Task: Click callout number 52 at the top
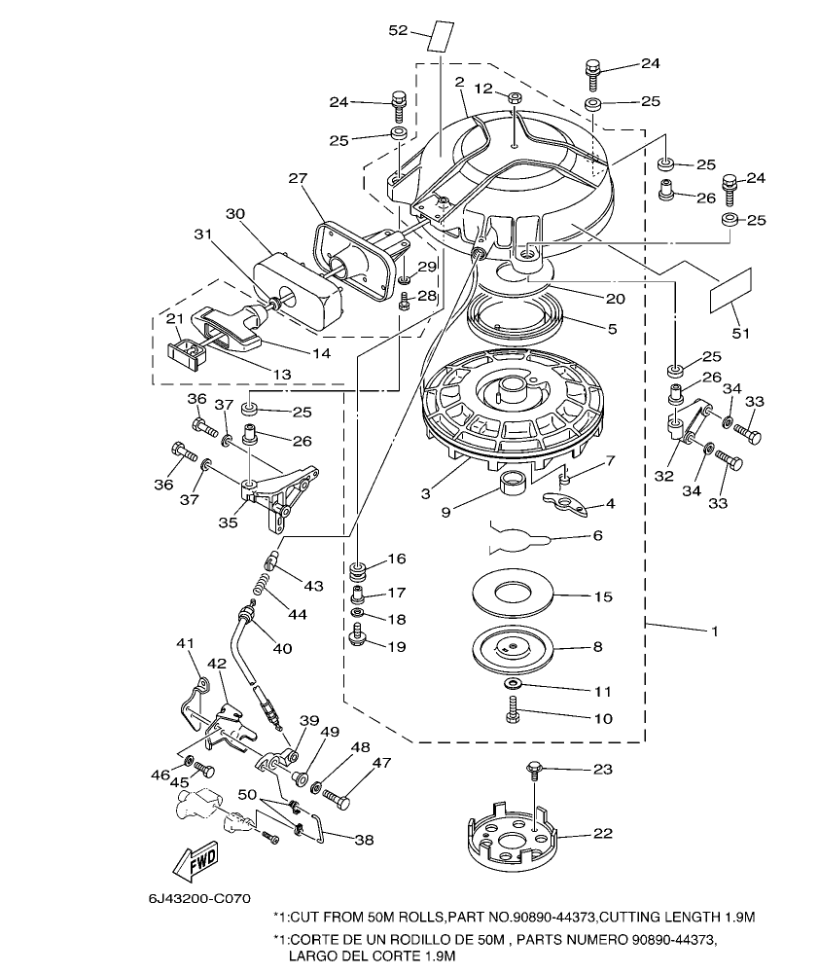pyautogui.click(x=398, y=30)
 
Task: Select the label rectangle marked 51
pyautogui.click(x=732, y=291)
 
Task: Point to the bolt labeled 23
pyautogui.click(x=535, y=770)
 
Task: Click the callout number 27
pyautogui.click(x=298, y=178)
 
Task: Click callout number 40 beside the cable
pyautogui.click(x=281, y=648)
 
